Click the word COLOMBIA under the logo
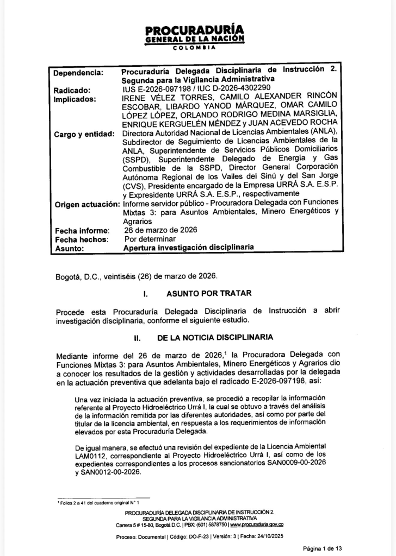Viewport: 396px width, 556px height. click(x=194, y=48)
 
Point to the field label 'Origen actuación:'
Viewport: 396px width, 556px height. click(x=87, y=204)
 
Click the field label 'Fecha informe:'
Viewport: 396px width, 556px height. click(x=82, y=231)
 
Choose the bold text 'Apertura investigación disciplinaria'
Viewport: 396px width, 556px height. click(x=189, y=247)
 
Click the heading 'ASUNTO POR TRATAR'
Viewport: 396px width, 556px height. click(x=209, y=294)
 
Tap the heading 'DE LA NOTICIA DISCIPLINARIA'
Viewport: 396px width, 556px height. click(x=215, y=337)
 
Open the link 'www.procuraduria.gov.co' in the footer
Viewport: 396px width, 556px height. click(x=256, y=525)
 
